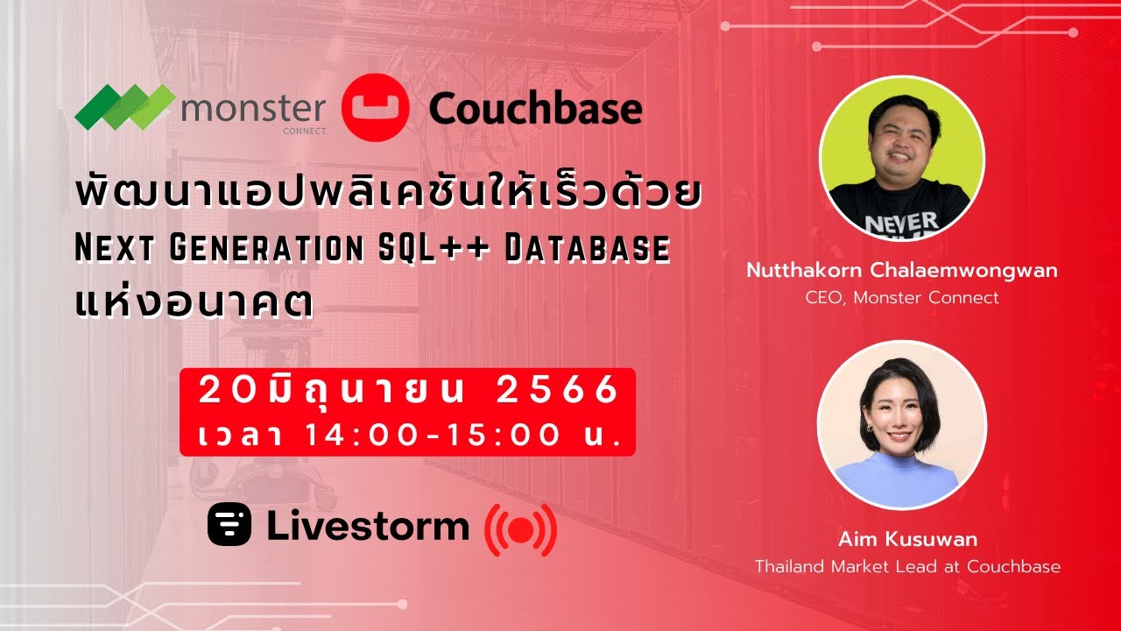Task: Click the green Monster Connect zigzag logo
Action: coord(124,107)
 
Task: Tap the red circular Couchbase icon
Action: coord(374,107)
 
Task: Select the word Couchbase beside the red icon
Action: coord(535,110)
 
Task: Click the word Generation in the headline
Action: coord(262,250)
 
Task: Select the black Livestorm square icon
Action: coord(230,524)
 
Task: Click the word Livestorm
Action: coord(368,526)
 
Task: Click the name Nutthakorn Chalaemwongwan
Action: coord(902,271)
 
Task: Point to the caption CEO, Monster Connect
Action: coord(902,298)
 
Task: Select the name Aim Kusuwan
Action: coord(907,539)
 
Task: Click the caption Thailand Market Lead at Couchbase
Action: coord(907,567)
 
